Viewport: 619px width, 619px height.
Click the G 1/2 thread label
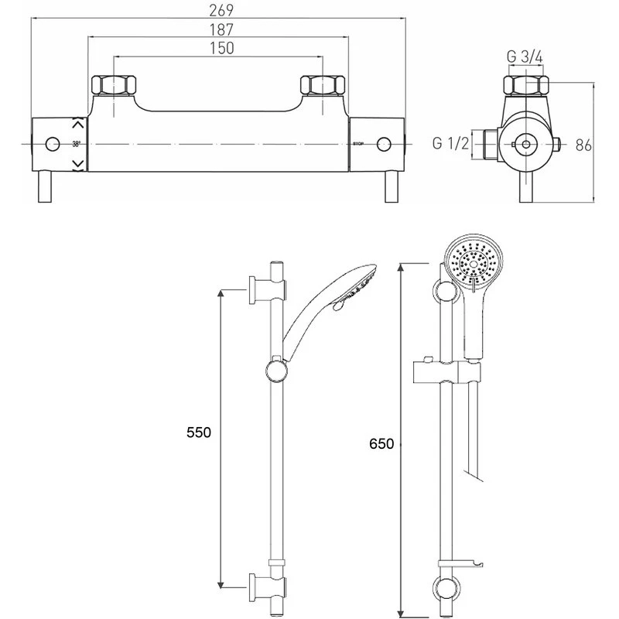(450, 143)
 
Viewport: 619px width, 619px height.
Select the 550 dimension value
(199, 433)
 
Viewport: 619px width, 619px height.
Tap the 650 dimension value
(381, 443)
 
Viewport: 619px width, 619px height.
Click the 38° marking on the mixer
(76, 144)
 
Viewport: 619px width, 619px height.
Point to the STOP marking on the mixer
(358, 144)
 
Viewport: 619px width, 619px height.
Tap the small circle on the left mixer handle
(53, 144)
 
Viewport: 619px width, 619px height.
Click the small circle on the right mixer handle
(383, 144)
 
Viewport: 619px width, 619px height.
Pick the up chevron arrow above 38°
(77, 124)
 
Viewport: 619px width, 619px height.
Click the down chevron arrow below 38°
(77, 163)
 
